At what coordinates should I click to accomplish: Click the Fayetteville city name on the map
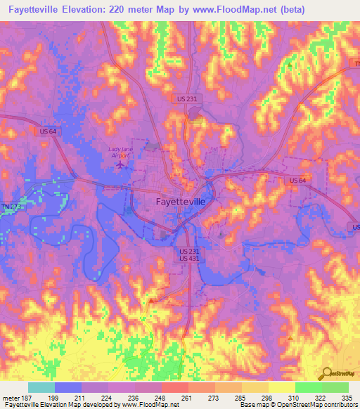tap(180, 201)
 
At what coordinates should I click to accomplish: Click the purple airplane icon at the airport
tap(120, 164)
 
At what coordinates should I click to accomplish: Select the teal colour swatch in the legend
tap(41, 387)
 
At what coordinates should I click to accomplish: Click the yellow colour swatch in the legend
tap(281, 387)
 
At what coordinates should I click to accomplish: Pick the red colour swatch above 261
tap(174, 387)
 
